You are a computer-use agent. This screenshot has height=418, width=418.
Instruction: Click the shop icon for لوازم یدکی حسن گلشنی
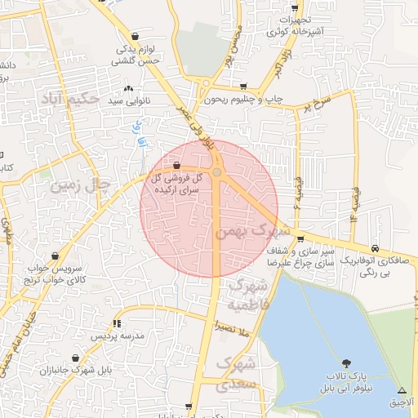[x=135, y=37]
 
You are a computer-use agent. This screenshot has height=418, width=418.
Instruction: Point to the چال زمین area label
[x=80, y=186]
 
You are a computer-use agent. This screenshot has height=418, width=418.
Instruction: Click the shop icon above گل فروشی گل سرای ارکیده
[x=177, y=165]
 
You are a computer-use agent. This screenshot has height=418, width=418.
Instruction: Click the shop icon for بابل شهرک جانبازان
[x=77, y=358]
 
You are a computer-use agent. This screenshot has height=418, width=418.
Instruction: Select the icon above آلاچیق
[x=402, y=389]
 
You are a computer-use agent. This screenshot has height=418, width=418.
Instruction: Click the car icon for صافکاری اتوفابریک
[x=375, y=248]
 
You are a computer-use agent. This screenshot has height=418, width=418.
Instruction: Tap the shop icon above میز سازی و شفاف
[x=301, y=239]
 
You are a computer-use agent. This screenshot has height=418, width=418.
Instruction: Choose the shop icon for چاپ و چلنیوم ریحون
[x=243, y=86]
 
